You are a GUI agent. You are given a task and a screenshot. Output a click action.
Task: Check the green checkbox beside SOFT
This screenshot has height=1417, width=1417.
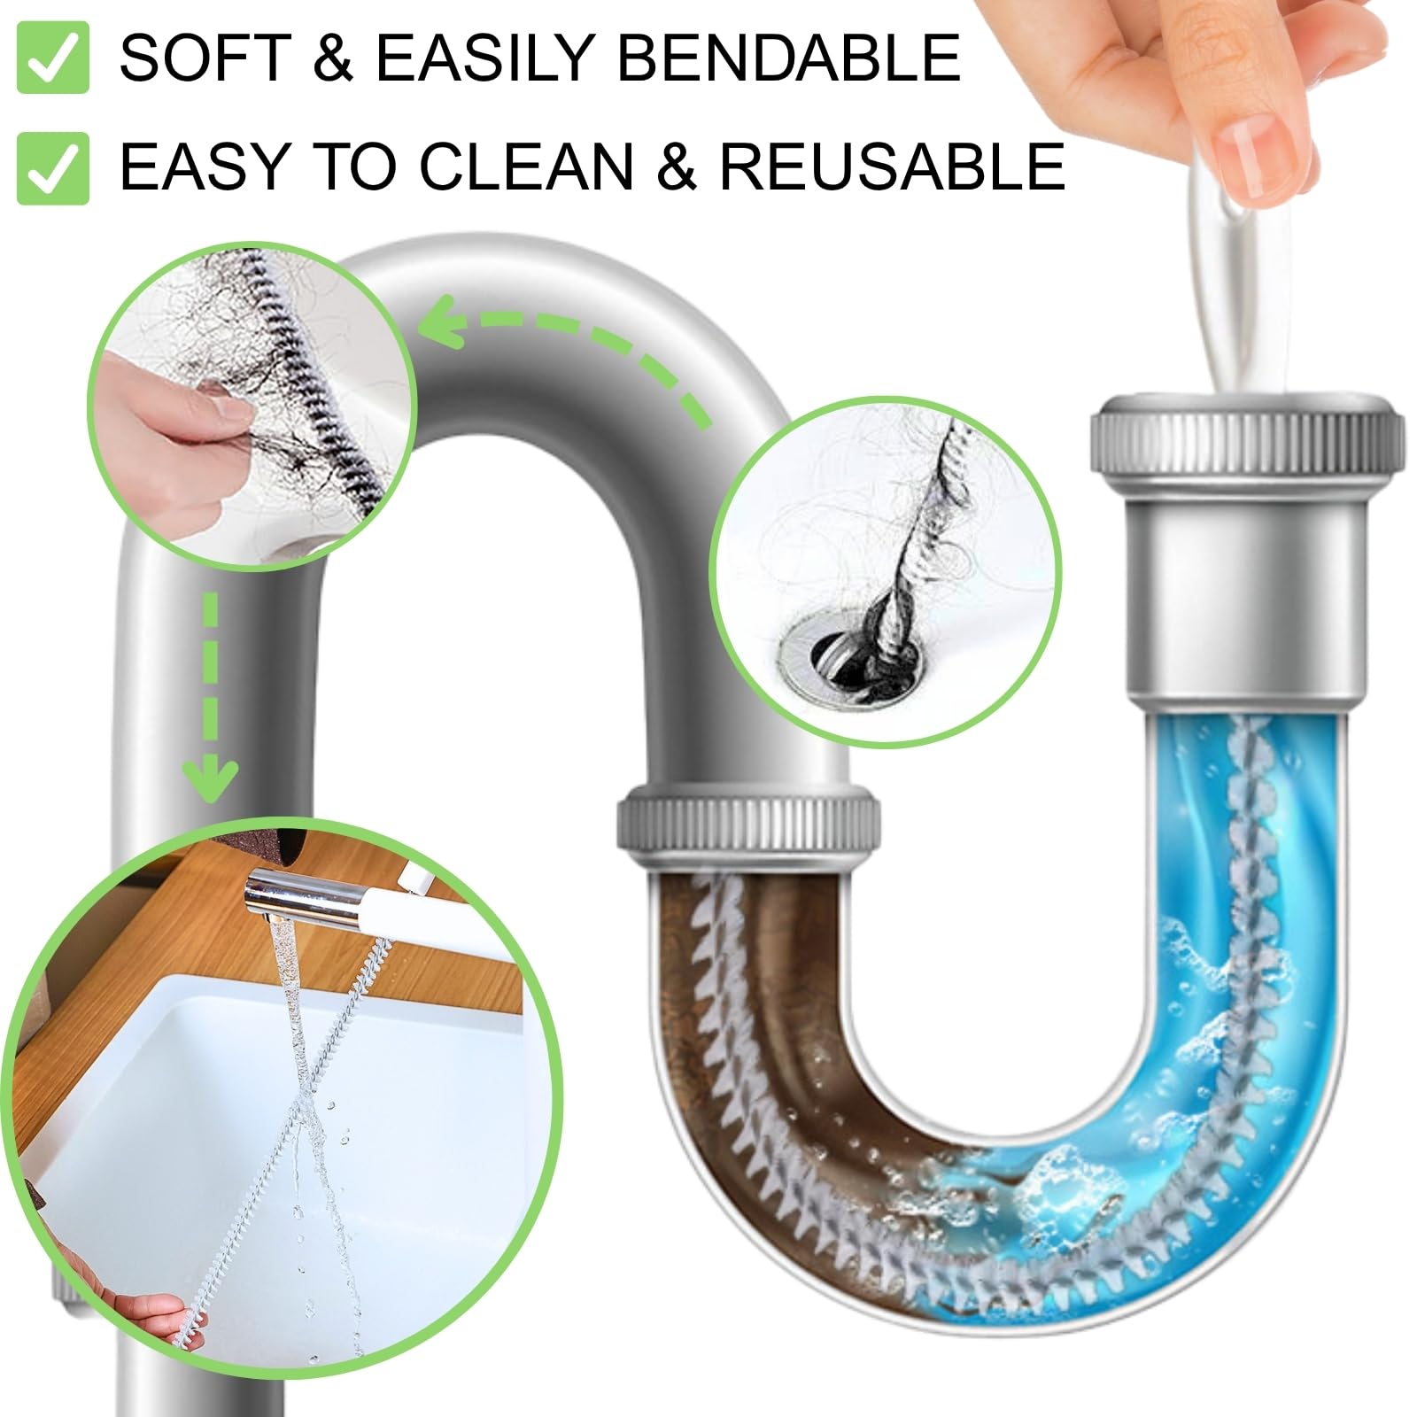[x=53, y=58]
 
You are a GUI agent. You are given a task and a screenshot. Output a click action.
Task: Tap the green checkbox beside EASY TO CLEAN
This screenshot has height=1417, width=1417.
[x=53, y=168]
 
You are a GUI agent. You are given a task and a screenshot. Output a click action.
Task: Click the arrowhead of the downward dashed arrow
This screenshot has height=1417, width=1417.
[x=210, y=779]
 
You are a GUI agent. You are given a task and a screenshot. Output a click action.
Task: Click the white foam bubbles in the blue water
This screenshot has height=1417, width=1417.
[x=1063, y=1178]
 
